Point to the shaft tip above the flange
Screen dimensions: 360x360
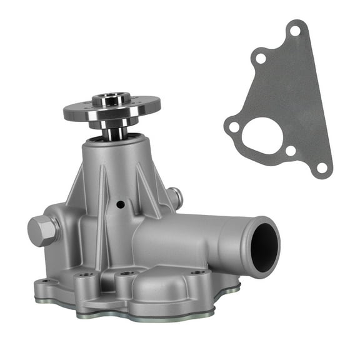pyautogui.click(x=111, y=97)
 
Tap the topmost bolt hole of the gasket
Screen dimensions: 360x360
pyautogui.click(x=294, y=30)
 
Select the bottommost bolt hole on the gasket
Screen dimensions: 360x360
pyautogui.click(x=321, y=167)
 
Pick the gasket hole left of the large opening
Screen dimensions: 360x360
pyautogui.click(x=234, y=127)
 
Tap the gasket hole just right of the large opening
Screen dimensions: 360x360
pyautogui.click(x=290, y=151)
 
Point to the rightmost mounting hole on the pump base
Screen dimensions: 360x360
pyautogui.click(x=197, y=272)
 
